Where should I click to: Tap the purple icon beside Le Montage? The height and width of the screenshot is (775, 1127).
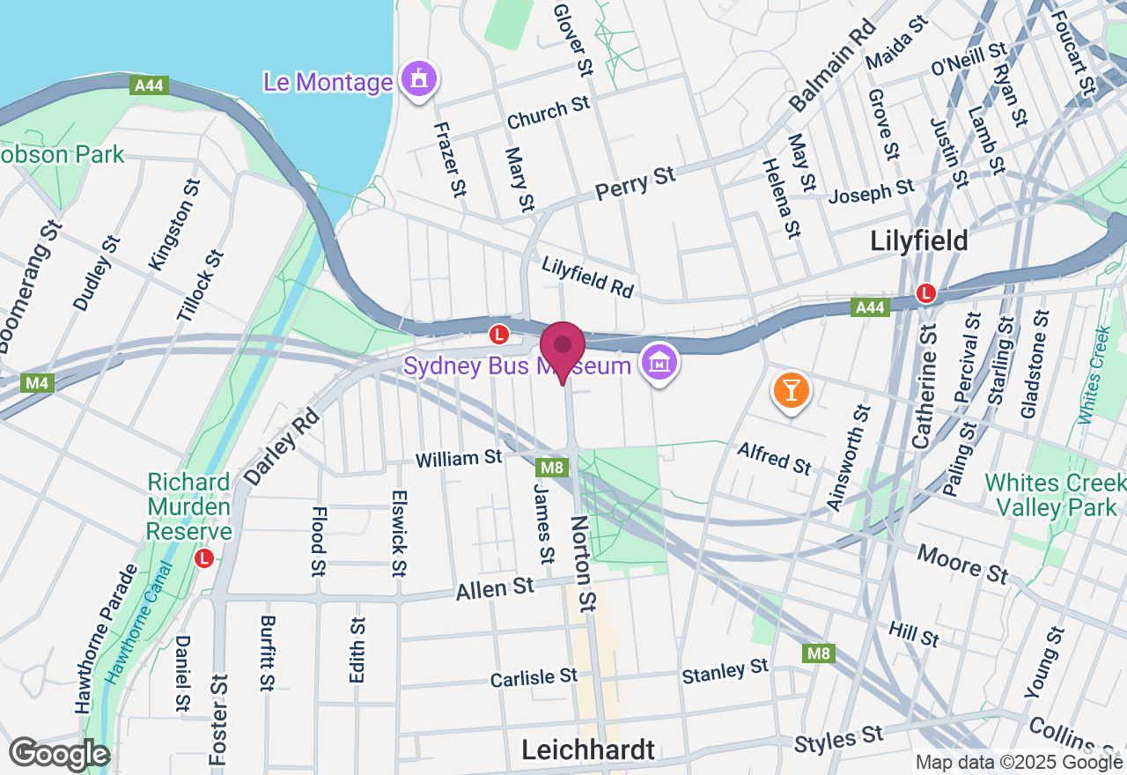[419, 80]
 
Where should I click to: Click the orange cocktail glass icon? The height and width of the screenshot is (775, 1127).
[790, 390]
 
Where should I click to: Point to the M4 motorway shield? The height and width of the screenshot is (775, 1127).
[36, 382]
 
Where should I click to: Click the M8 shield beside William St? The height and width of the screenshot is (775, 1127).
[551, 467]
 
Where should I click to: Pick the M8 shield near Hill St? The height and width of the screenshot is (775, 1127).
[818, 653]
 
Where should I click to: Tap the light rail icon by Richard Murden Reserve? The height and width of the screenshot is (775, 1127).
[204, 557]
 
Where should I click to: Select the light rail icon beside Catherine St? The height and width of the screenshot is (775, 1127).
[925, 292]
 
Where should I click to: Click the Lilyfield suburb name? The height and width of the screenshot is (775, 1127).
[918, 240]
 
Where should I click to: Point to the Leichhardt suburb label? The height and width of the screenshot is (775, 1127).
[588, 749]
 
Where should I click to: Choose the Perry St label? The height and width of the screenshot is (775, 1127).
[635, 183]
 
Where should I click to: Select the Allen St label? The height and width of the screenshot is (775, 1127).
[495, 587]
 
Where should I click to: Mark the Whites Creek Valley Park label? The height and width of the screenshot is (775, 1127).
[1055, 495]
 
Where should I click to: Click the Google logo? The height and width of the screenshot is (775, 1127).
[60, 754]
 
